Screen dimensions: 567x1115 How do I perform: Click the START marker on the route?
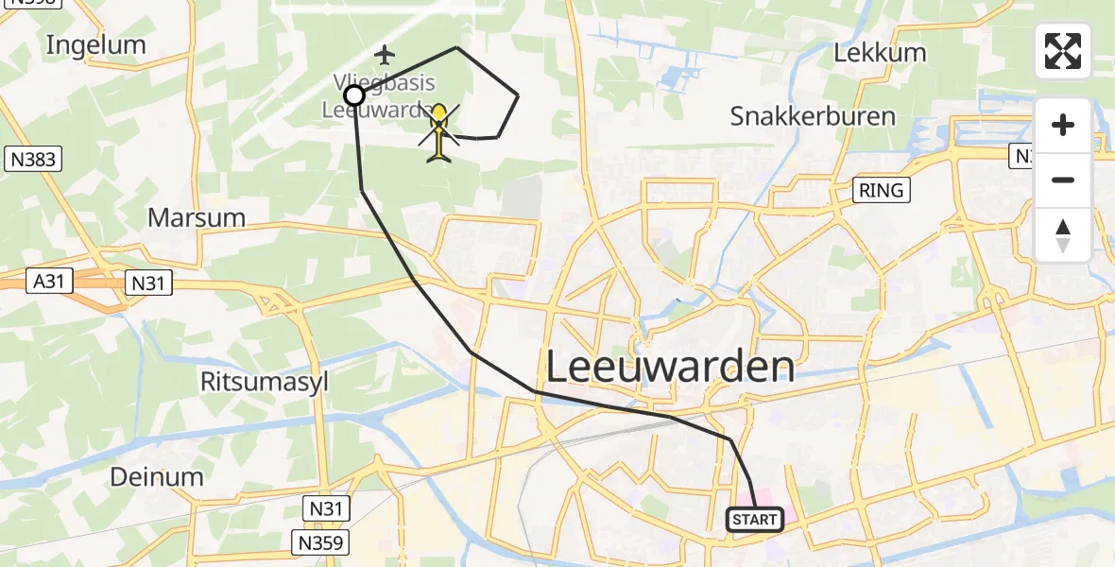point(754,520)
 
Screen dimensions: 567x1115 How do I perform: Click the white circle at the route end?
point(354,95)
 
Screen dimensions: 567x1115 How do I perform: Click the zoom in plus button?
point(1063,125)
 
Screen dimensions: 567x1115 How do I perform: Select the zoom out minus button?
point(1063,180)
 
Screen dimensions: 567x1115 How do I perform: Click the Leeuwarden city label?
point(670,366)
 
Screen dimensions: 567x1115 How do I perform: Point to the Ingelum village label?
point(96,44)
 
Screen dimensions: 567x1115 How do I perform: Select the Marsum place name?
point(197,217)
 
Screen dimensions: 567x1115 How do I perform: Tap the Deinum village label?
point(157,476)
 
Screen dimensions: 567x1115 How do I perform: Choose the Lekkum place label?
point(880,52)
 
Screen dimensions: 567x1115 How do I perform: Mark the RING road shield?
point(881,190)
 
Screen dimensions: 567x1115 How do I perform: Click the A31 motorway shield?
point(47,281)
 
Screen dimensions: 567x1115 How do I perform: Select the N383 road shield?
point(33,160)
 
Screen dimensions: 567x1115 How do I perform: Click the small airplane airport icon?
point(384,53)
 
